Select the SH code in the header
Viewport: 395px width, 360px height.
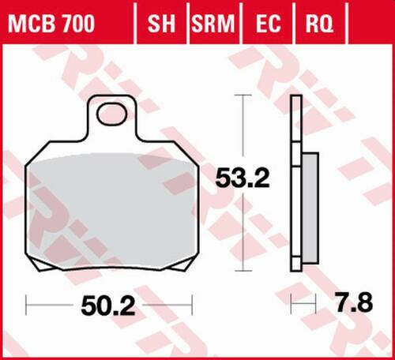(x=161, y=25)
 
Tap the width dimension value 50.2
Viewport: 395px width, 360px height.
(x=108, y=303)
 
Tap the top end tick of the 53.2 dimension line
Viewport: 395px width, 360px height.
(x=243, y=96)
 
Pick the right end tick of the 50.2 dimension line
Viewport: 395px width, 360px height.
(x=192, y=303)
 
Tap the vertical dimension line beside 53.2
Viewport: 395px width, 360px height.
(x=243, y=134)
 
